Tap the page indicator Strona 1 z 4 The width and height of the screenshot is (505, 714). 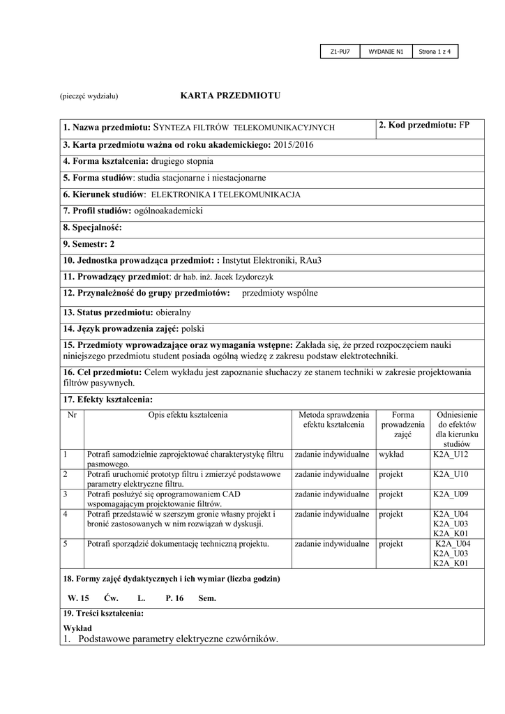point(435,52)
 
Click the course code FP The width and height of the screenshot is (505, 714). point(465,125)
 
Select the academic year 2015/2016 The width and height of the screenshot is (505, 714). point(293,144)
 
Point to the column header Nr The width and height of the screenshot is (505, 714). point(71,415)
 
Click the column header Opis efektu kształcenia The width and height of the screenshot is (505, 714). point(188,415)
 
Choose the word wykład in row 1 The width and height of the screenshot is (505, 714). point(391,455)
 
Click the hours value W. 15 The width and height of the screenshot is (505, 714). point(78,598)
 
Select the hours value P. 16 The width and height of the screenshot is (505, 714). point(174,598)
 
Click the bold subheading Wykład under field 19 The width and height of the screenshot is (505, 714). point(77,628)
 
